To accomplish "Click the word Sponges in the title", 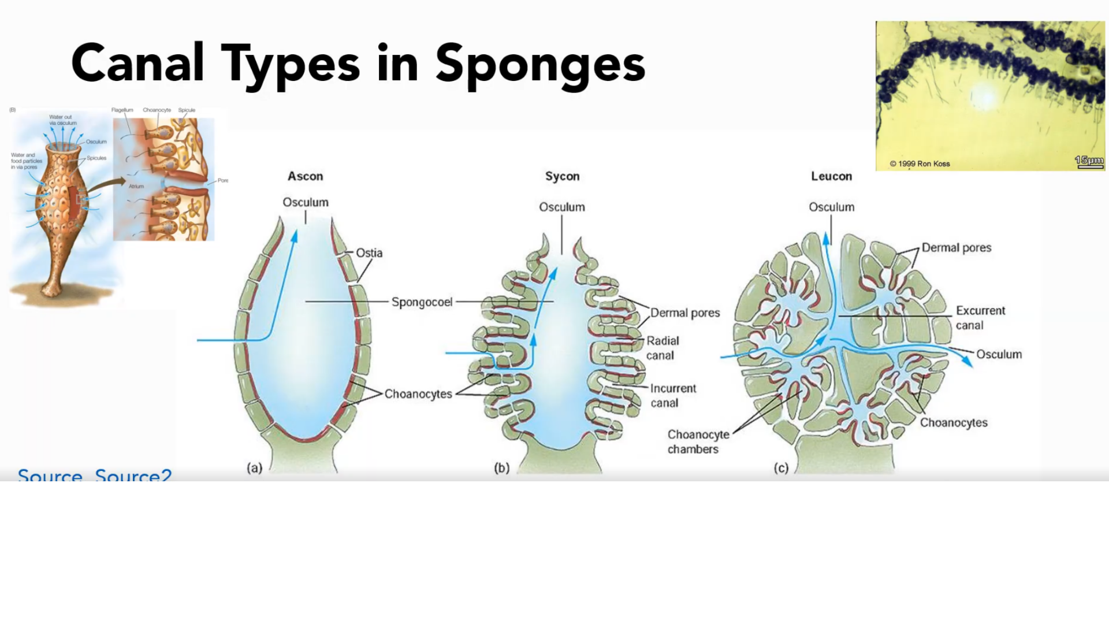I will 540,65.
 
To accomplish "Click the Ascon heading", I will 306,176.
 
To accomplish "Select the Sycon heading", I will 562,176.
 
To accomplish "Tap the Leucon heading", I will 831,176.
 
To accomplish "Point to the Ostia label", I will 369,252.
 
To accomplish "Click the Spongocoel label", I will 422,302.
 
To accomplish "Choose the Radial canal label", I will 662,348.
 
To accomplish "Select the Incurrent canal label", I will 672,395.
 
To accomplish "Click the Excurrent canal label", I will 980,318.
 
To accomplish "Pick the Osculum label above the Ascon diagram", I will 306,202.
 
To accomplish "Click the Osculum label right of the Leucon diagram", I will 999,354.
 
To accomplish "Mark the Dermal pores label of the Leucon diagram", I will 956,247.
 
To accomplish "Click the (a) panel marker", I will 255,467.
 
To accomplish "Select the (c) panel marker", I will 781,467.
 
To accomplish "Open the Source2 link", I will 133,476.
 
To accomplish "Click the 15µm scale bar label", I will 1089,160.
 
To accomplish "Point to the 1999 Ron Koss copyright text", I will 920,164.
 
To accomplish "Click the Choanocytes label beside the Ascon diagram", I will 418,394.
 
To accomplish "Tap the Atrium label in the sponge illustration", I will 136,186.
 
